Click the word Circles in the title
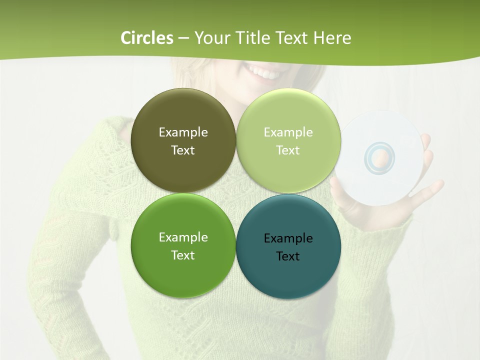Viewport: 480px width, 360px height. (x=147, y=38)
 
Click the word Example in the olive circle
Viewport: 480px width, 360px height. (x=183, y=132)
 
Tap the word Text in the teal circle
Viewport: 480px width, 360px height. (x=288, y=256)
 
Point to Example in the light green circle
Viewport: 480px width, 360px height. (x=288, y=132)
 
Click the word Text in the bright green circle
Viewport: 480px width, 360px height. (x=183, y=255)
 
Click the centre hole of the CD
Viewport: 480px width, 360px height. (x=380, y=159)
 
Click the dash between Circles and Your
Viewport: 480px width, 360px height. (x=183, y=38)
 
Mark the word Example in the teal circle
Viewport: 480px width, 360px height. (x=288, y=238)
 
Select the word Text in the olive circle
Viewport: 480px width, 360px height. (x=183, y=150)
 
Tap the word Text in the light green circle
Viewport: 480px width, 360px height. (x=288, y=150)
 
